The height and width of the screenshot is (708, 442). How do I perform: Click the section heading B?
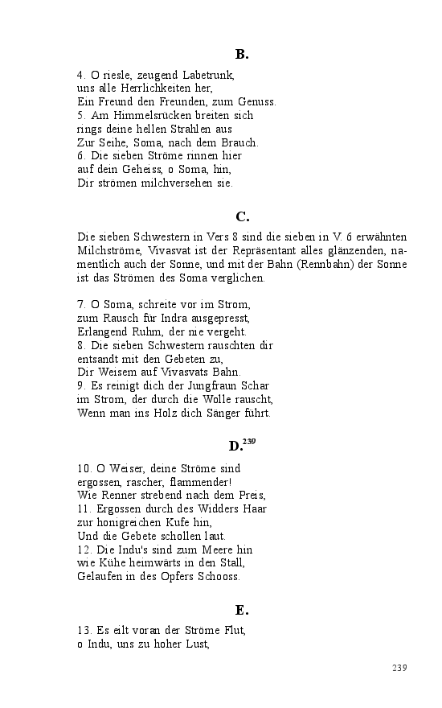point(242,55)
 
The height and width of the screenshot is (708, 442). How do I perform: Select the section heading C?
point(242,216)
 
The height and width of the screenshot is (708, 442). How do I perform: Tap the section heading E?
point(242,610)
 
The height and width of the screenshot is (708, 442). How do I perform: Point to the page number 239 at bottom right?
point(399,668)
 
